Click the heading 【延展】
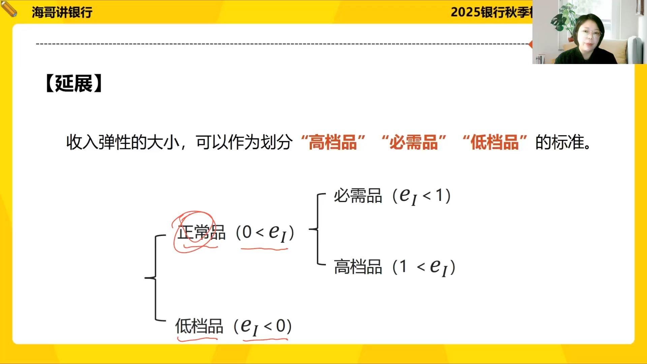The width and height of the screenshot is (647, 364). coord(74,83)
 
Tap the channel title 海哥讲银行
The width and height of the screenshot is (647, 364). coord(62,12)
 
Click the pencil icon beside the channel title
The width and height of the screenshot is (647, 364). coord(9,8)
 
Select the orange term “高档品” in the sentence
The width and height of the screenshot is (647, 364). coord(333,142)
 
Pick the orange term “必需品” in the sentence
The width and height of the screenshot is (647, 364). coord(414,142)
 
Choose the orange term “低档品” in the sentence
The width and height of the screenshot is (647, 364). coord(495,142)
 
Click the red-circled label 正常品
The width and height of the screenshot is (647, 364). coord(201,232)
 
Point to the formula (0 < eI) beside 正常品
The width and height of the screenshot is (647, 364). coord(265,232)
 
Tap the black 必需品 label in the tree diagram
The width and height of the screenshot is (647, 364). coord(358,196)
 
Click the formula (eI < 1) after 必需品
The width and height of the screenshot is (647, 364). coord(422,196)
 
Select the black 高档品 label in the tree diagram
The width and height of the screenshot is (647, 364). coord(358,267)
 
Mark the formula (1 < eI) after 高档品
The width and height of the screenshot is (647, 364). coord(424,267)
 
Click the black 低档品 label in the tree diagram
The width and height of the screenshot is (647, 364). coord(199,326)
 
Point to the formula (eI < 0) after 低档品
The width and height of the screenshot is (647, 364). coord(263,326)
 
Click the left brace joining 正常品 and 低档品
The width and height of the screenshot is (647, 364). coord(155,278)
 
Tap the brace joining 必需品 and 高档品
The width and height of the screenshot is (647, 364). coord(317,229)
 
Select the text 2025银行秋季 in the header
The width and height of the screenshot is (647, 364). coord(490,12)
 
